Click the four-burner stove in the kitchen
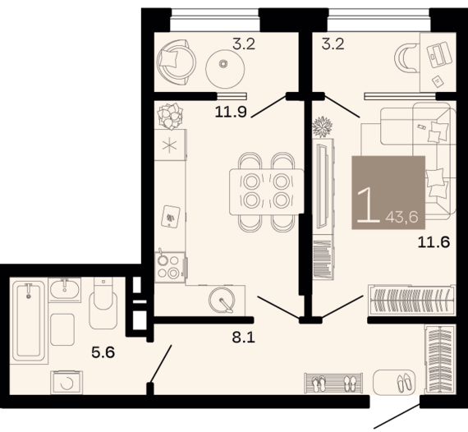point(168,266)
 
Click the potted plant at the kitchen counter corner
point(171,114)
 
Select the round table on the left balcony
point(223,65)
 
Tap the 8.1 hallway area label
point(235,335)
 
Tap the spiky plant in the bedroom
point(323,128)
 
